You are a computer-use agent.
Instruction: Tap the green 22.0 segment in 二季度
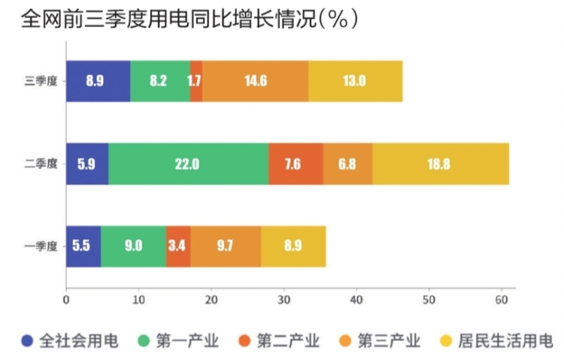pos(188,164)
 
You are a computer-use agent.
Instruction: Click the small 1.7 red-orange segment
pos(196,81)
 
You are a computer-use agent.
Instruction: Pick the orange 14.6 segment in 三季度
pos(255,81)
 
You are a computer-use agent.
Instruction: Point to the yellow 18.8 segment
pos(440,164)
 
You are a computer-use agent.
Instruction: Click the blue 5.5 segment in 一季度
pos(83,246)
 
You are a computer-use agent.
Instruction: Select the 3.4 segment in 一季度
pos(178,246)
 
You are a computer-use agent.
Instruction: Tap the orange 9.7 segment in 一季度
pos(226,246)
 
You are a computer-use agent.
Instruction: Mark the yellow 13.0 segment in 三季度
pos(355,81)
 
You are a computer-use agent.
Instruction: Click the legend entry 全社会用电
pos(71,341)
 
